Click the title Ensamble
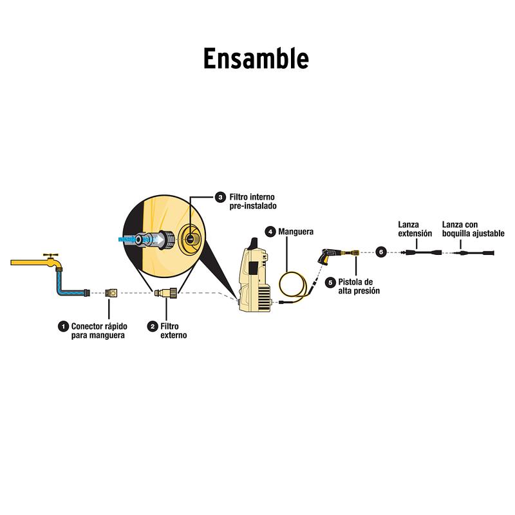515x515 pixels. [x=256, y=59]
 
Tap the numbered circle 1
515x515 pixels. [x=63, y=326]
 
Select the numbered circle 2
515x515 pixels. [x=153, y=326]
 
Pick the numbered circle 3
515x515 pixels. [x=221, y=197]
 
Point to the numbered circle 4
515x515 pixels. [x=270, y=231]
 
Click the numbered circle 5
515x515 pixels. [x=330, y=282]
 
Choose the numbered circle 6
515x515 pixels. [x=381, y=252]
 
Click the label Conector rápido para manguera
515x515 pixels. [x=98, y=331]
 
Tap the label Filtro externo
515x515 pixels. [x=174, y=331]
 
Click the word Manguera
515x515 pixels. [x=297, y=231]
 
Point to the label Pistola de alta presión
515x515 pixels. [x=359, y=286]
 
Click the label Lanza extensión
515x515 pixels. [x=415, y=229]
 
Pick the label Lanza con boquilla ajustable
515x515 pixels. [x=473, y=229]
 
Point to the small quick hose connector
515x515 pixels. [x=111, y=294]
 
